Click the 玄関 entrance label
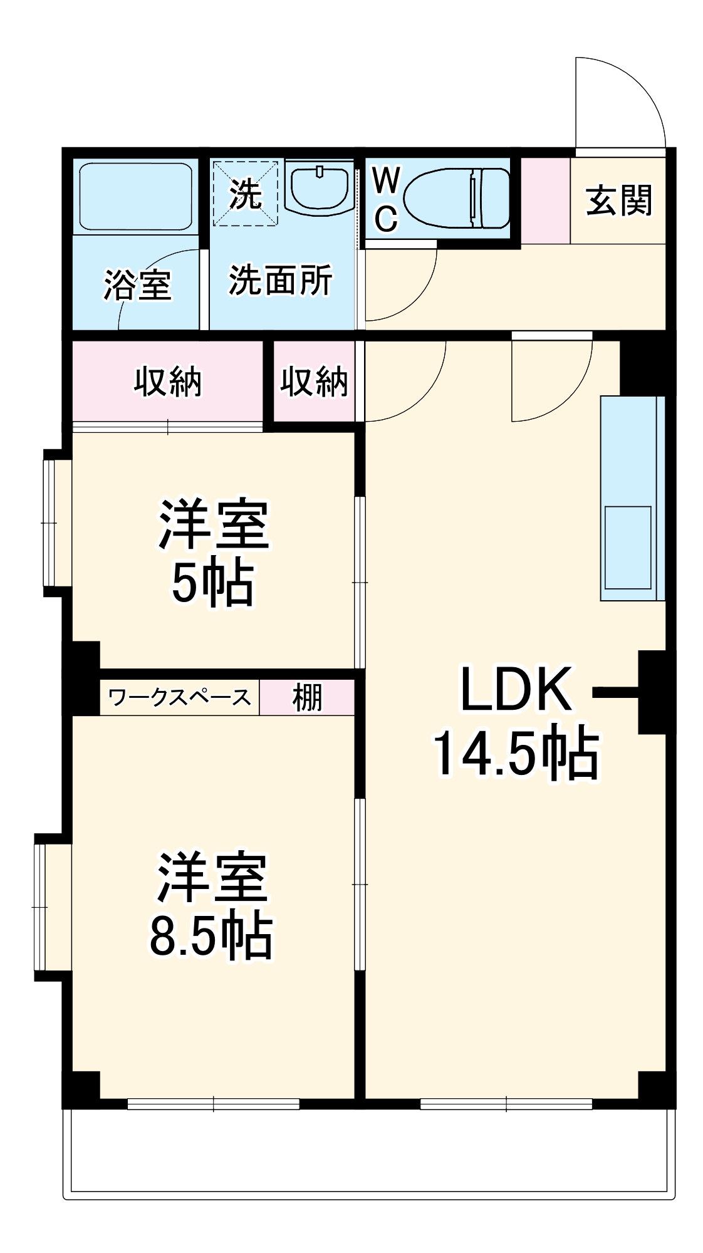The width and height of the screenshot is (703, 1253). point(618,200)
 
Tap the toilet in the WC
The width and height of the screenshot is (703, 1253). point(457,199)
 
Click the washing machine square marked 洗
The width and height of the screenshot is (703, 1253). point(245,194)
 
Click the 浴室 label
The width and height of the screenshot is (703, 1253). point(137,285)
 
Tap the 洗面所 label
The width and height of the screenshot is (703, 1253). point(280,280)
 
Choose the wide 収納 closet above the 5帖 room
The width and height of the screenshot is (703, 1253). point(167,382)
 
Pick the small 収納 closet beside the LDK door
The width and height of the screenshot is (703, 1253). point(314,382)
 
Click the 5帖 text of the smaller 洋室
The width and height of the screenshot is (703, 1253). point(213,582)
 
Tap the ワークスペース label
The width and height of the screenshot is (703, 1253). point(179,697)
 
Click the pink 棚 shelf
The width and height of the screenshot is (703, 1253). point(307,697)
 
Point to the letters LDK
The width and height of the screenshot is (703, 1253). point(516,690)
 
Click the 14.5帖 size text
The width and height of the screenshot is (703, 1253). point(516,752)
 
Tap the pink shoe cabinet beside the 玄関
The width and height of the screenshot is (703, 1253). point(545,200)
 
